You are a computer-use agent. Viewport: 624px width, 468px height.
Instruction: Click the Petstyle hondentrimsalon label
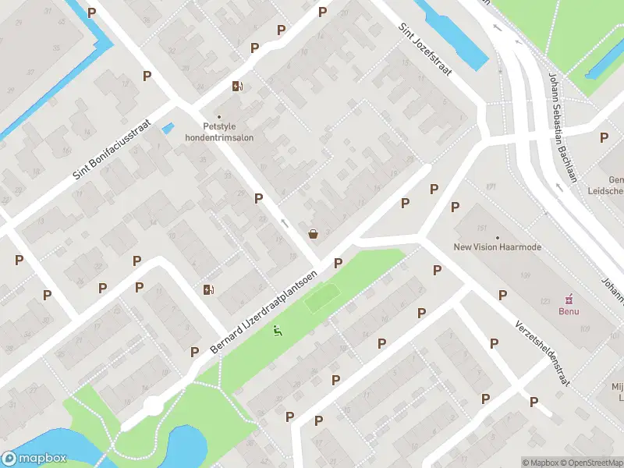pos(218,131)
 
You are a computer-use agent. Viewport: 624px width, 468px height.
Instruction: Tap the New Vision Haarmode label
pos(497,247)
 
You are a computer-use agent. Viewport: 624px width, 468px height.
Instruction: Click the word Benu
pos(569,310)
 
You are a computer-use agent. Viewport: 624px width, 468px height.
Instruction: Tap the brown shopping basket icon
pos(314,232)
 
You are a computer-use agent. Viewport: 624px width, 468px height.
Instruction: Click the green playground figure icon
pos(277,331)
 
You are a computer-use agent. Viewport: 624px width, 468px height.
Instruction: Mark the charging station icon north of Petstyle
pos(237,86)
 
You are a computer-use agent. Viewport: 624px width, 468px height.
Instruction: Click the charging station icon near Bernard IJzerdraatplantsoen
pos(208,290)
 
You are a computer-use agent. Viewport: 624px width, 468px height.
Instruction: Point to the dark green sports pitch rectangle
pos(322,298)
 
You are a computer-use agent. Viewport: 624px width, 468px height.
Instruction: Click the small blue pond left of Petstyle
pos(167,127)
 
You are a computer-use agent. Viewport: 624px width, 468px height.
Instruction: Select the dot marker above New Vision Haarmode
pos(497,236)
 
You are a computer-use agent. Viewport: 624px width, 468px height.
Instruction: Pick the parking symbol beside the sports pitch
pos(339,264)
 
